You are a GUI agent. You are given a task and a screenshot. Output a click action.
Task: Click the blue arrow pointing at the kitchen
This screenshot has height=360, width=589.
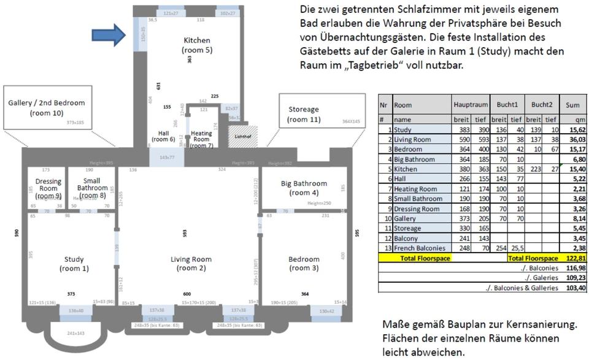(109, 35)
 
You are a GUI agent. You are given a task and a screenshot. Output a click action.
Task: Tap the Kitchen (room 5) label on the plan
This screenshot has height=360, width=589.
(197, 45)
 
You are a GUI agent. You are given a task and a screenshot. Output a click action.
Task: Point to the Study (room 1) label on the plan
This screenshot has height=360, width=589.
(74, 264)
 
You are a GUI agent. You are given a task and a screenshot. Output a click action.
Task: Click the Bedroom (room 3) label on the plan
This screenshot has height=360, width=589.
(304, 264)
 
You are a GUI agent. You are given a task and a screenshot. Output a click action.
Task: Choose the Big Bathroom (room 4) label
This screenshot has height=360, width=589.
(304, 188)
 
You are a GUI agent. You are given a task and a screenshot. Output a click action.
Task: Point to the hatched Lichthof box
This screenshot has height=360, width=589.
(243, 136)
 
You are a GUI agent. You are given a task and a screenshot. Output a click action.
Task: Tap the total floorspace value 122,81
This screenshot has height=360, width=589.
(576, 258)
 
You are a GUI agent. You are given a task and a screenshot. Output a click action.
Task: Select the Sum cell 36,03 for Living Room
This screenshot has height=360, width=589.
(576, 139)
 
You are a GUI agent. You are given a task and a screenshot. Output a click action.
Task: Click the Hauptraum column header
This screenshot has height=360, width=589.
(471, 105)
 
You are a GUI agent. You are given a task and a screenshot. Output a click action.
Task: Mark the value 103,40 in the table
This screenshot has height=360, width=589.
(576, 287)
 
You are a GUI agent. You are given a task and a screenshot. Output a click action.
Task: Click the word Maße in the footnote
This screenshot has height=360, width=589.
(393, 324)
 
